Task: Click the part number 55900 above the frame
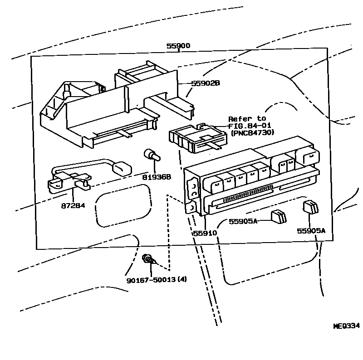[x=178, y=46]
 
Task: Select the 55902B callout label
[x=206, y=83]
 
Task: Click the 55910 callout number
[x=205, y=233]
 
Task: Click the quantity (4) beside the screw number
[x=181, y=279]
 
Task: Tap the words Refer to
[x=247, y=119]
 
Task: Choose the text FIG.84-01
[x=248, y=126]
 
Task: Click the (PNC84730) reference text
[x=250, y=133]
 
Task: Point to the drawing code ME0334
[x=346, y=326]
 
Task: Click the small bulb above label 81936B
[x=151, y=156]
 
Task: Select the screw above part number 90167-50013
[x=148, y=260]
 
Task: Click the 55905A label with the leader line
[x=243, y=221]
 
